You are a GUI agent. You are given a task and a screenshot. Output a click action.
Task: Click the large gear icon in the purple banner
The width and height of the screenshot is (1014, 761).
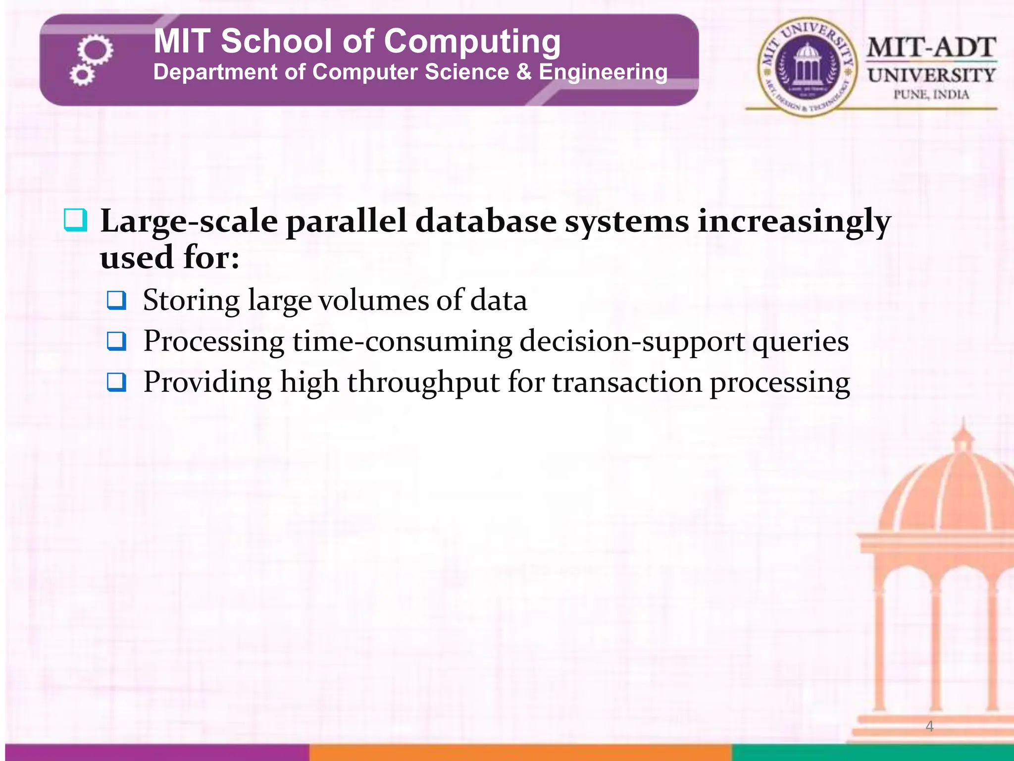tap(96, 50)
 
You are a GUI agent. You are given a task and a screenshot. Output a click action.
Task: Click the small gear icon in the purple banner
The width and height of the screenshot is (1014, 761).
tap(81, 76)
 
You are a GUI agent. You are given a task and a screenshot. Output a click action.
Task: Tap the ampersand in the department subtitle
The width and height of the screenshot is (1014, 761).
tap(524, 72)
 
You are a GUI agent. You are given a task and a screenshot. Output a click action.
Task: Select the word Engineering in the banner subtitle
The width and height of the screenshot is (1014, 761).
tap(603, 73)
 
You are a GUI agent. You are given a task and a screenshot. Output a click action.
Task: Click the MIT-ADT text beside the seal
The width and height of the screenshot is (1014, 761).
tap(931, 48)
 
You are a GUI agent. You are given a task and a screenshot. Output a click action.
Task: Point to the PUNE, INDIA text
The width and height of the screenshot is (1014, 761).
tap(931, 95)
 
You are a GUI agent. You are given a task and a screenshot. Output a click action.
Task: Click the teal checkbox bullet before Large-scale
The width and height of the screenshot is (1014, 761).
tap(75, 220)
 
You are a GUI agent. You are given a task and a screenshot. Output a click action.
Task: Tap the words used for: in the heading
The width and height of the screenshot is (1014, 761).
tap(170, 258)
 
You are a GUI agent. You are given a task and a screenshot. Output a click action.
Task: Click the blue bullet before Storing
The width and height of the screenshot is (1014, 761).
tap(117, 300)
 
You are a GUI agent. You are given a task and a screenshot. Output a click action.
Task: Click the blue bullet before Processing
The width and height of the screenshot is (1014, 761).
tap(117, 341)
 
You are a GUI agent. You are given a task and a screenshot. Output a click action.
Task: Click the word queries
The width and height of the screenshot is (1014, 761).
tap(801, 342)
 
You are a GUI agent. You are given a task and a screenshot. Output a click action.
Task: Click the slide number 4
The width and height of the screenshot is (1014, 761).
tap(929, 726)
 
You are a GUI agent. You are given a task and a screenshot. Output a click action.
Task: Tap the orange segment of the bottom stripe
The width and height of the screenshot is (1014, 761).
tap(520, 752)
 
